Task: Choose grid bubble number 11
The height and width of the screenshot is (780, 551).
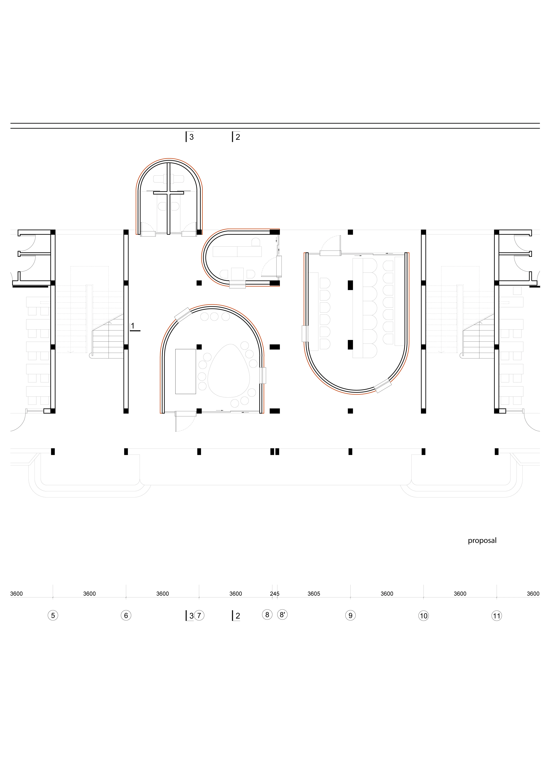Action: (497, 616)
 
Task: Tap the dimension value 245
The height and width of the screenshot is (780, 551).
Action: (275, 594)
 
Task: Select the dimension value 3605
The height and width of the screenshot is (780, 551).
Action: (314, 594)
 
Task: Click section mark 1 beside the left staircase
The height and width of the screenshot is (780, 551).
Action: (134, 327)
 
